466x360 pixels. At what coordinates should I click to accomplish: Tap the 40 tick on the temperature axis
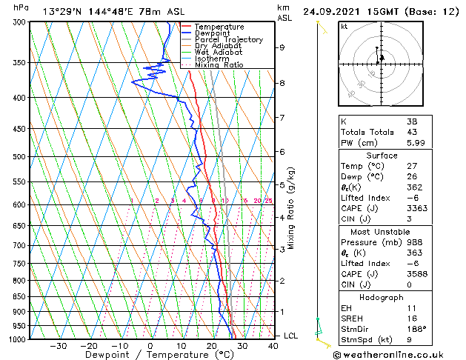click(x=273, y=346)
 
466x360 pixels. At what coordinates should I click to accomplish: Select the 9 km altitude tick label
click(x=282, y=47)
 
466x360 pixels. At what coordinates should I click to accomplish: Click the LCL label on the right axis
click(x=291, y=336)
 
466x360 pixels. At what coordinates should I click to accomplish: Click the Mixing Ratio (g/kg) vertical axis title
click(x=292, y=208)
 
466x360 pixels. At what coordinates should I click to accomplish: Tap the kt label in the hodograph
click(x=344, y=27)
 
